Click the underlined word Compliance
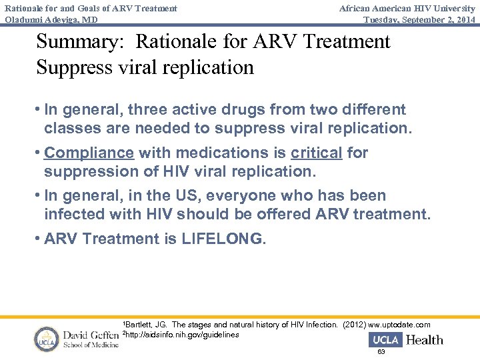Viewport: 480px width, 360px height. [x=89, y=153]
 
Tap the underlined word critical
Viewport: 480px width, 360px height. [x=317, y=153]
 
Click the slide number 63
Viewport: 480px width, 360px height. [x=381, y=351]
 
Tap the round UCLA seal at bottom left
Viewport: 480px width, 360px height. [x=47, y=339]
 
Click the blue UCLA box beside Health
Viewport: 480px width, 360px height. [x=385, y=339]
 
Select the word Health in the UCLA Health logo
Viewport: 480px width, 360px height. [x=424, y=339]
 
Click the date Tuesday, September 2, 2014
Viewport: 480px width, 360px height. [x=419, y=19]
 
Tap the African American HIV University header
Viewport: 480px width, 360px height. [x=407, y=8]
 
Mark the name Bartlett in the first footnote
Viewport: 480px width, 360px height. [x=139, y=325]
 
